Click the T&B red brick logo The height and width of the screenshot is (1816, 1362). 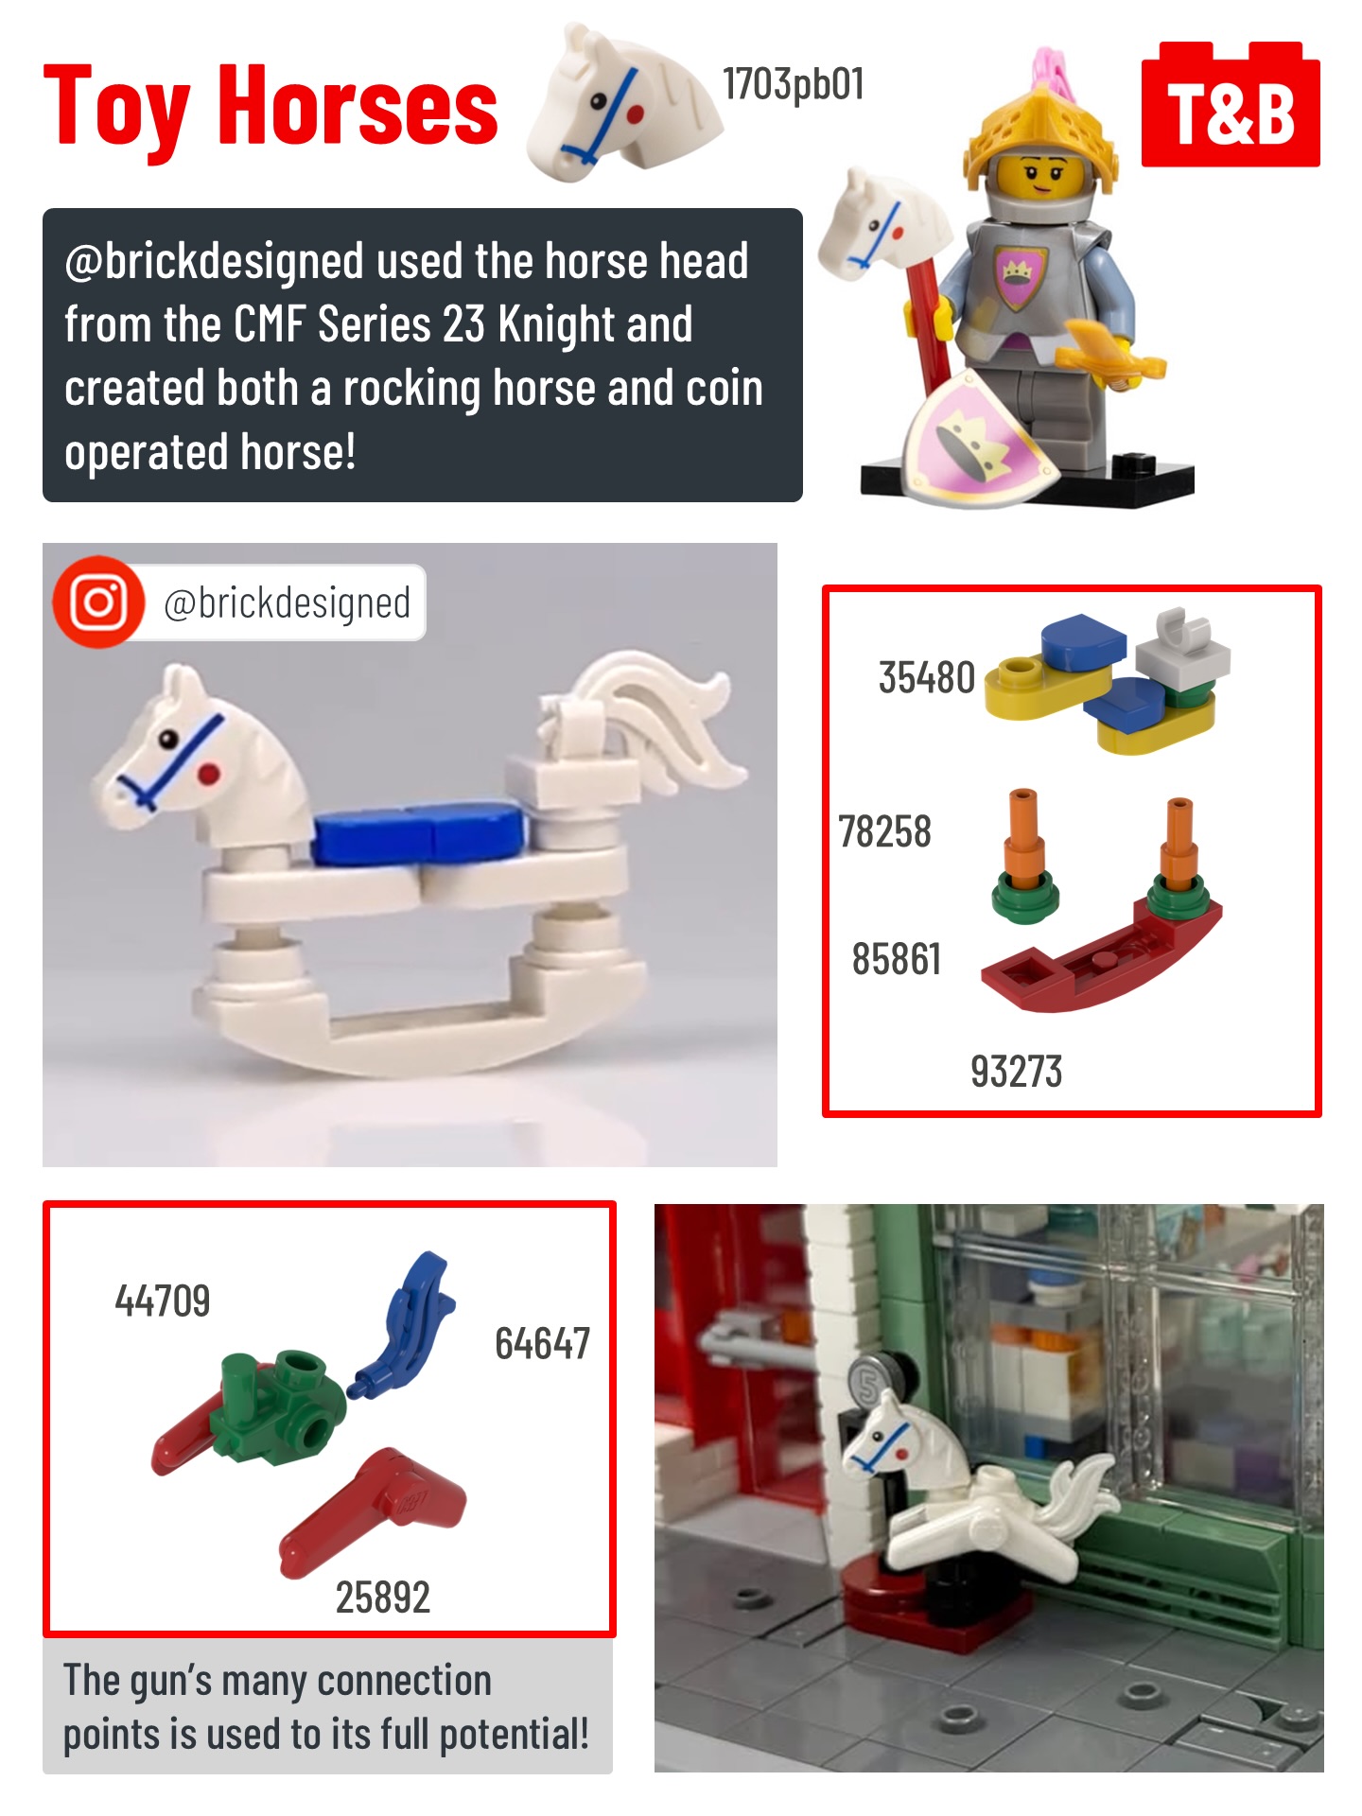click(x=1231, y=105)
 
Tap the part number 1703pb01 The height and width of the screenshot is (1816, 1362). click(x=794, y=84)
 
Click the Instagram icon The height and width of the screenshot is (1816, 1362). click(x=98, y=602)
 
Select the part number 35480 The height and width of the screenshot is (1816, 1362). click(x=927, y=677)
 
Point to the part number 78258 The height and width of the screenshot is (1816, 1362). click(x=885, y=832)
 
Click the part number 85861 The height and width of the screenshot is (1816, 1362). click(x=897, y=959)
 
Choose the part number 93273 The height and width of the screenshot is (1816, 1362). click(x=1017, y=1072)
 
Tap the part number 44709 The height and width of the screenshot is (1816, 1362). click(x=163, y=1301)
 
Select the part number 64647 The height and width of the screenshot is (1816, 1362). click(x=543, y=1343)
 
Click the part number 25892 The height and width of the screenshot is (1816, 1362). click(x=383, y=1598)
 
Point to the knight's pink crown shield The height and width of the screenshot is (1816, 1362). click(x=974, y=435)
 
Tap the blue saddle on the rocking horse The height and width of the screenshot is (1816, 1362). click(x=420, y=832)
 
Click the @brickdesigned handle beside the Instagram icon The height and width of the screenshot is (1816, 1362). click(x=288, y=603)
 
